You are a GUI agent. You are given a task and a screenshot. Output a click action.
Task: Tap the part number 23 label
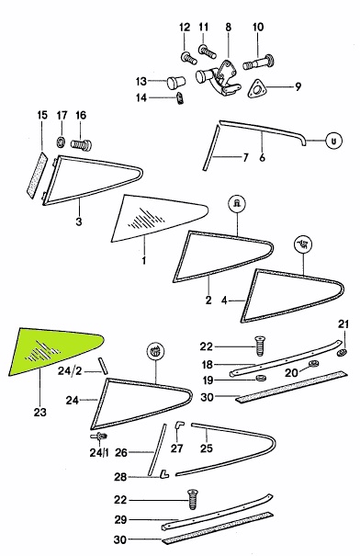pyautogui.click(x=40, y=412)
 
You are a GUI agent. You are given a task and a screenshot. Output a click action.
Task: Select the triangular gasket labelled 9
pyautogui.click(x=256, y=88)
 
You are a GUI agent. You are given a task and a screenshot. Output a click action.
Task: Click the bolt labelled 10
pyautogui.click(x=259, y=62)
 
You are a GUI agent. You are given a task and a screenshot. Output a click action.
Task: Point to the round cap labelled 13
pyautogui.click(x=175, y=83)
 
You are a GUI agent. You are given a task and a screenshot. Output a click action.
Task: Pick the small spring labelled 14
pyautogui.click(x=180, y=97)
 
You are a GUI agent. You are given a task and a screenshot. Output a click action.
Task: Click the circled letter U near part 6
pyautogui.click(x=333, y=141)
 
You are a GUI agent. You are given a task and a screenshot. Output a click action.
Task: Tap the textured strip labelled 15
pyautogui.click(x=37, y=176)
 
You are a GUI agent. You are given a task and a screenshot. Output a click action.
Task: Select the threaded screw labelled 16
pyautogui.click(x=82, y=144)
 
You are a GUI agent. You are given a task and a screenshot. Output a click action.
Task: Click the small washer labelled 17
pyautogui.click(x=61, y=142)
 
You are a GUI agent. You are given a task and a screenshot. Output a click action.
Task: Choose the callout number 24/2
pyautogui.click(x=70, y=371)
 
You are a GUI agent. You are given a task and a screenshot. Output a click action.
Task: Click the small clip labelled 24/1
pyautogui.click(x=99, y=436)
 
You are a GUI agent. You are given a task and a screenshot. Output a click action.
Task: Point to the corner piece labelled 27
pyautogui.click(x=179, y=426)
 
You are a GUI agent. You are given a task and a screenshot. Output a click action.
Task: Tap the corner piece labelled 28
pyautogui.click(x=164, y=473)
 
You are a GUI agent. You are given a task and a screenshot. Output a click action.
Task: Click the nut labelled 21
pyautogui.click(x=341, y=353)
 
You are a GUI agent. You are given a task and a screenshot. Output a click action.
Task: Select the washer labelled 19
pyautogui.click(x=261, y=378)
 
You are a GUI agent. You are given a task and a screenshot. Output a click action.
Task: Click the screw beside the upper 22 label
pyautogui.click(x=260, y=346)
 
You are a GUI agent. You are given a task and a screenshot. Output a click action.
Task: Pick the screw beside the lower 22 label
pyautogui.click(x=193, y=499)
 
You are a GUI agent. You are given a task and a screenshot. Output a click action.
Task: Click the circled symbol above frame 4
pyautogui.click(x=303, y=244)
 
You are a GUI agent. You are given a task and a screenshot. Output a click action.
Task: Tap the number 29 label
pyautogui.click(x=120, y=519)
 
